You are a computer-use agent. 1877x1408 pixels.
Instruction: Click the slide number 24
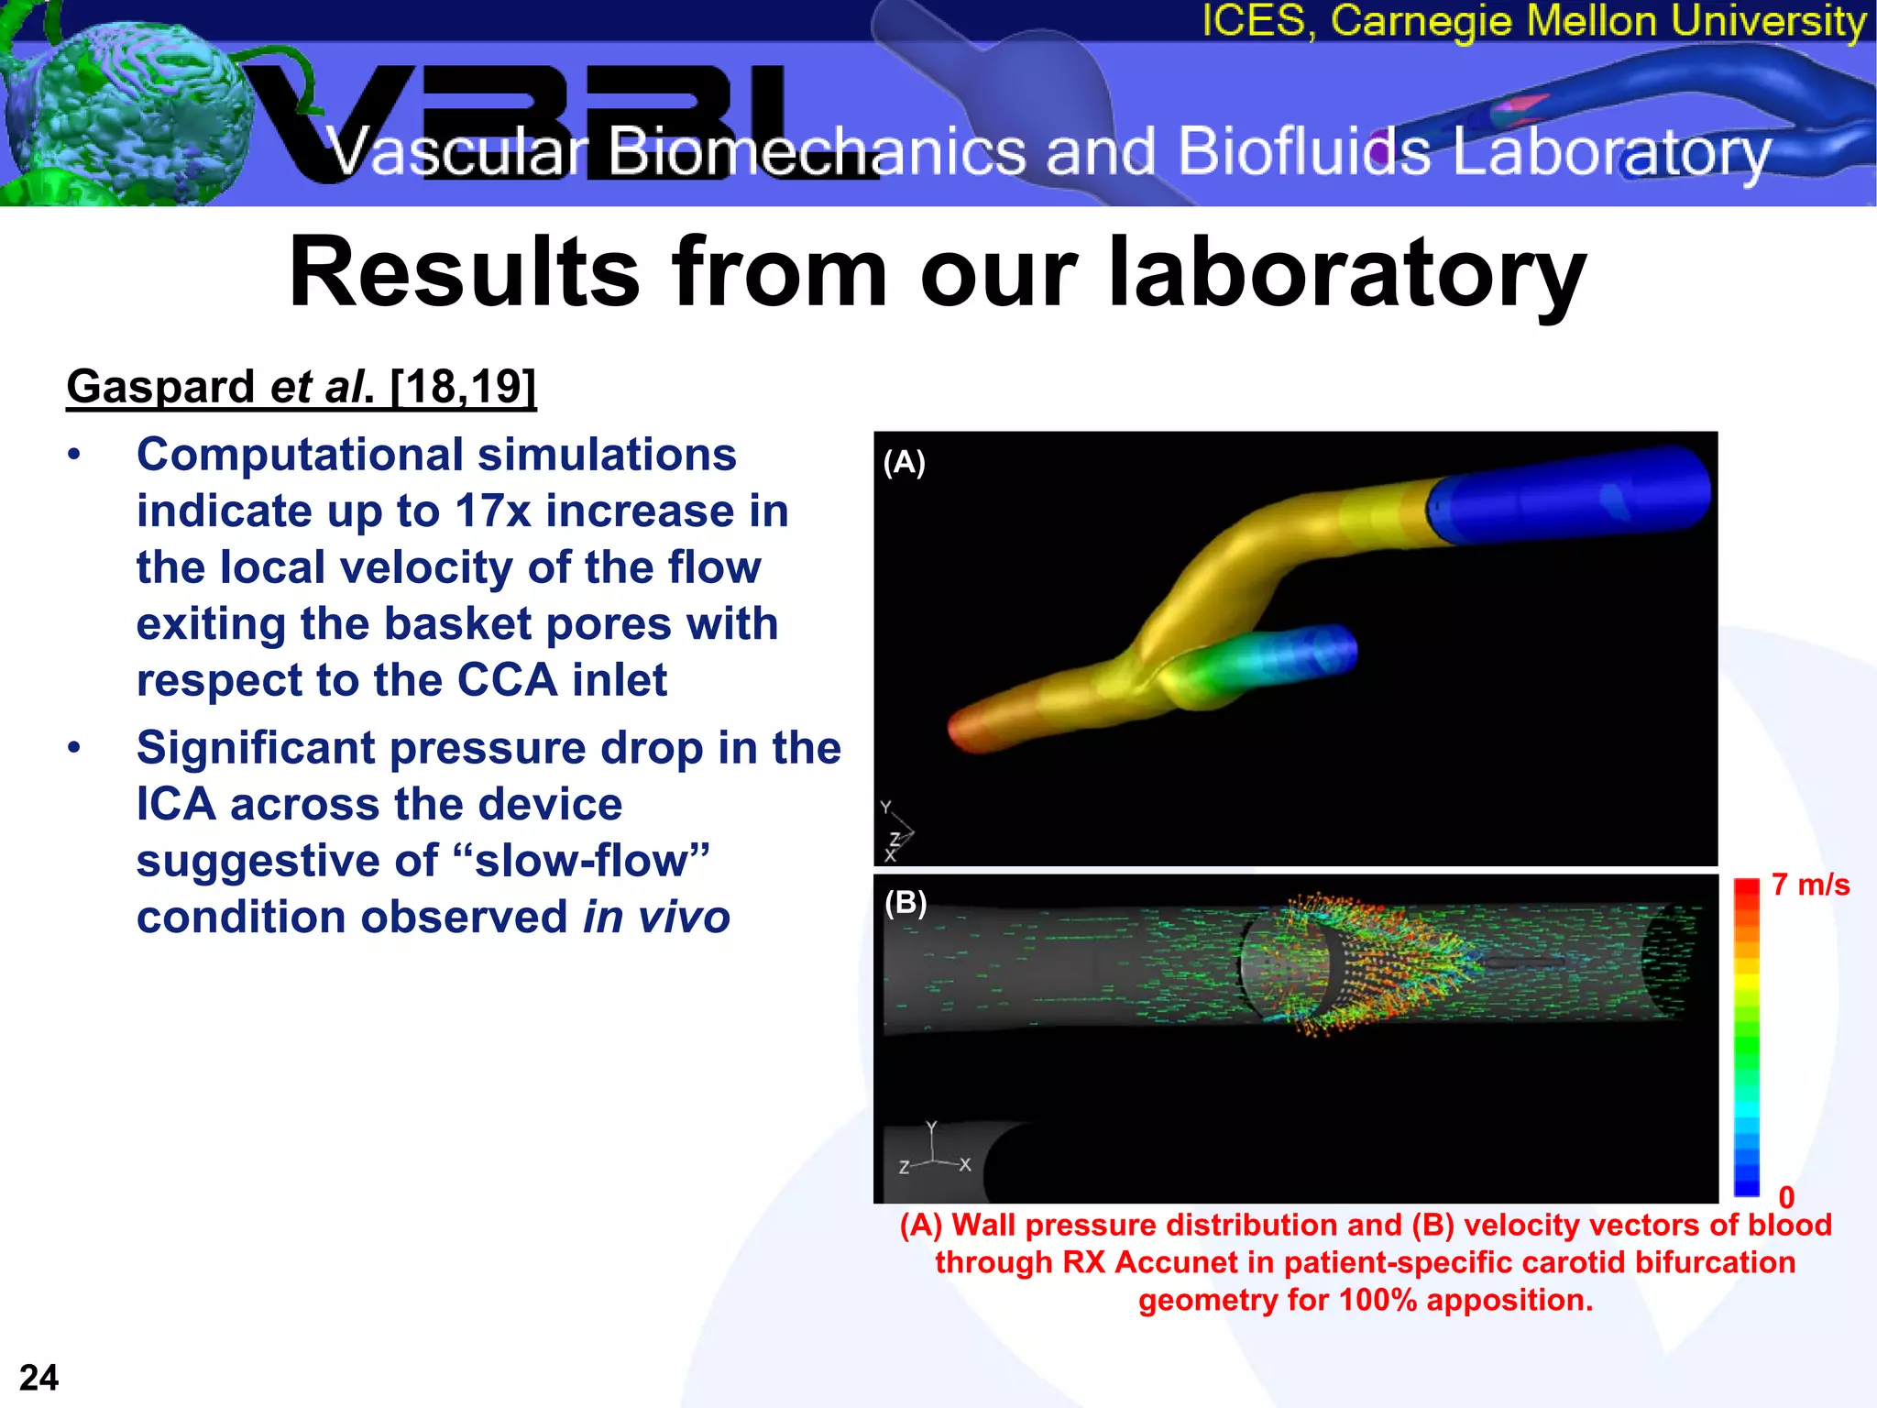(38, 1378)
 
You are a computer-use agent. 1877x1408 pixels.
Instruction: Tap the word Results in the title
(464, 272)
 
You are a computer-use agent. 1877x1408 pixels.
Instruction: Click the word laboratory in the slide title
(1346, 272)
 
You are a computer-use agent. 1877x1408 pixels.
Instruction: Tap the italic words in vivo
(656, 918)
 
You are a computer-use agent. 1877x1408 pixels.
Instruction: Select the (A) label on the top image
(904, 462)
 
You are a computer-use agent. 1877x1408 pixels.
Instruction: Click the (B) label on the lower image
(906, 903)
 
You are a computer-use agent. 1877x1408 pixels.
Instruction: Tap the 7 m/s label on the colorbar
(1810, 885)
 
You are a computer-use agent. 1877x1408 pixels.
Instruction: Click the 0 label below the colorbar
(1786, 1197)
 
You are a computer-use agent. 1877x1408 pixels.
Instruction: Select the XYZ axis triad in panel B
(933, 1150)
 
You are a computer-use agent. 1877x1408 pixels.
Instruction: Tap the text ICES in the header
(1252, 20)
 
